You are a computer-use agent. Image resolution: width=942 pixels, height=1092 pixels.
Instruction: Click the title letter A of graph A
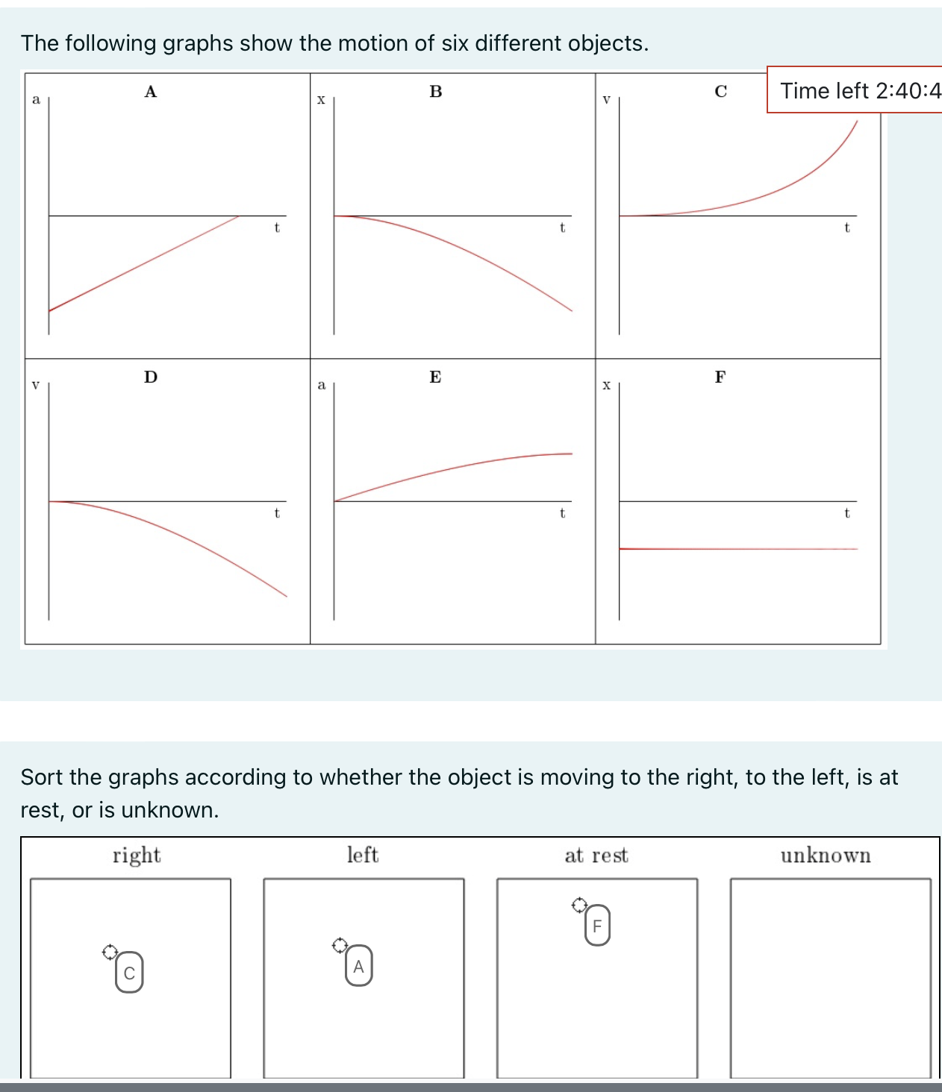[x=151, y=92]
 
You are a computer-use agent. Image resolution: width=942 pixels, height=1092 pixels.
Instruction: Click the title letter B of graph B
[x=436, y=92]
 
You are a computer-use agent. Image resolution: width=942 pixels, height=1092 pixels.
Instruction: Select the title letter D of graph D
[x=151, y=377]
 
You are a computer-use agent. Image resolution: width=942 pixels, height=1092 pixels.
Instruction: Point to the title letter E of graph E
[x=435, y=377]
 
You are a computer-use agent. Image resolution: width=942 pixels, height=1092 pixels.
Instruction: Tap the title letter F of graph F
[x=720, y=377]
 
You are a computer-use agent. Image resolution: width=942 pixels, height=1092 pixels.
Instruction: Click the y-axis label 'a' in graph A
[x=36, y=99]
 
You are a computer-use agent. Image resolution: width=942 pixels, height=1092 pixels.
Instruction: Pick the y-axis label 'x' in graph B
[x=321, y=99]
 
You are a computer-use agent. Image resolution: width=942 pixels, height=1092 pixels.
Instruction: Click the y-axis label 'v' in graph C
[x=606, y=99]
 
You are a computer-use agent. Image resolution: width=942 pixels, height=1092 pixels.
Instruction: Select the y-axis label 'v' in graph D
[x=35, y=385]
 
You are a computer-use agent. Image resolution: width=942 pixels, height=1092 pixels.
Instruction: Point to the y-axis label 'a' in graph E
[x=321, y=385]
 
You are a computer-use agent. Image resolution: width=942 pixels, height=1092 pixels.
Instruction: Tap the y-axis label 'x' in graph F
[x=606, y=385]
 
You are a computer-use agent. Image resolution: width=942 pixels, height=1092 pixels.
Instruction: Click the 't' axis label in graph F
[x=846, y=513]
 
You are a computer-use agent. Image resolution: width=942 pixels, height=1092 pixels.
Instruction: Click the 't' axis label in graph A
[x=277, y=228]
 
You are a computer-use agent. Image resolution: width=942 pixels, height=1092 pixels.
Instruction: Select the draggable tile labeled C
[x=129, y=973]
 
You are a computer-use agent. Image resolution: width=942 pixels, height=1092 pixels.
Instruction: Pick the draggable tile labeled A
[x=358, y=966]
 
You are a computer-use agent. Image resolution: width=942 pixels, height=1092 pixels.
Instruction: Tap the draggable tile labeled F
[x=597, y=926]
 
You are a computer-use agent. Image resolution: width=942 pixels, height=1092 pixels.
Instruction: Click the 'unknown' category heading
[x=826, y=856]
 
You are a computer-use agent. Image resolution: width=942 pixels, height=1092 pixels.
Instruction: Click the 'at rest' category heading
[x=596, y=856]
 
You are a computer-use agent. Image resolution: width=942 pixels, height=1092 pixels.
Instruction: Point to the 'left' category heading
[x=363, y=855]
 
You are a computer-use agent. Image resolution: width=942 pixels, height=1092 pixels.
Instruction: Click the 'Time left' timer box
[x=858, y=90]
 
